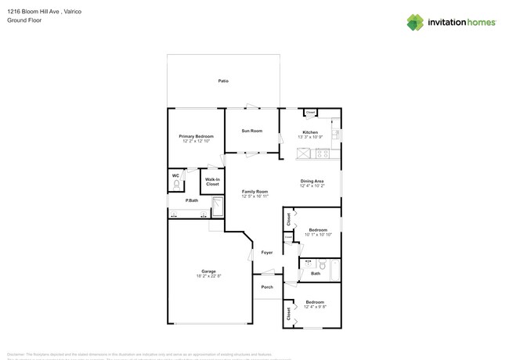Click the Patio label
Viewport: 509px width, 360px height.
[x=223, y=81]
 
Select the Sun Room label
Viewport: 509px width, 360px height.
[x=251, y=131]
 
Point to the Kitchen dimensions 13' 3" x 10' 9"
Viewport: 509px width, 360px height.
[x=310, y=137]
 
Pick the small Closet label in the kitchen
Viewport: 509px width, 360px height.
[x=310, y=113]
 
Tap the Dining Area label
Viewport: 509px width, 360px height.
[x=312, y=182]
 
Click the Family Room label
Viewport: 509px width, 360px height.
[x=254, y=192]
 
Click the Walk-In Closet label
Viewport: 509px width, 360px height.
[x=212, y=182]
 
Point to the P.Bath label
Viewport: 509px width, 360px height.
[x=191, y=201]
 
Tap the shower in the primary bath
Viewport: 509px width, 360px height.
[x=218, y=207]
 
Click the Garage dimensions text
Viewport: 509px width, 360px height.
[x=208, y=276]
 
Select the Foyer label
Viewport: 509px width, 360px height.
[x=267, y=253]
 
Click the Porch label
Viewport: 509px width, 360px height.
[x=266, y=286]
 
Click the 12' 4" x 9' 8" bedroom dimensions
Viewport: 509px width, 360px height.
[x=315, y=307]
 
